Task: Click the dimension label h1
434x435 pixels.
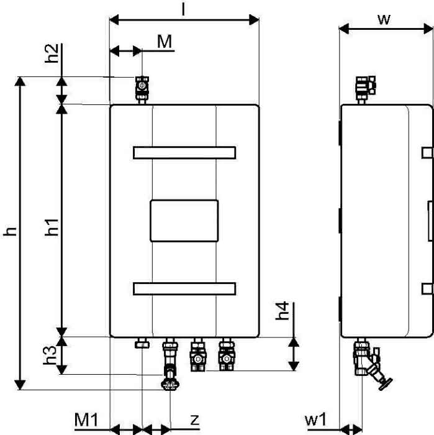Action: tap(52, 227)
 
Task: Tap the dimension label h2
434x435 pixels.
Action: tap(52, 53)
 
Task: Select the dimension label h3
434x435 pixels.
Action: tap(50, 355)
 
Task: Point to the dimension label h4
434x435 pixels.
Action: tap(283, 311)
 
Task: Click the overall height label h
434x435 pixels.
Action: tap(10, 231)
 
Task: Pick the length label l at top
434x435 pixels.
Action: tap(183, 10)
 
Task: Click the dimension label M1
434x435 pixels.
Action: tap(86, 420)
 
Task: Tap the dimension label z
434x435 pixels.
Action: tap(195, 420)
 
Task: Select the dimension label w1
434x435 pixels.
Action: tap(315, 420)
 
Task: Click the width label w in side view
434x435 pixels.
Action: tap(384, 20)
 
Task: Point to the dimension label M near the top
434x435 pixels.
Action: tap(165, 42)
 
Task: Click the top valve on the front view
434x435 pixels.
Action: tap(142, 89)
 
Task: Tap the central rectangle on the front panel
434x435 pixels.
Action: tap(184, 221)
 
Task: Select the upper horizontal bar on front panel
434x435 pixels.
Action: tap(184, 153)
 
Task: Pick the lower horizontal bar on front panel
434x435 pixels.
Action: tap(184, 289)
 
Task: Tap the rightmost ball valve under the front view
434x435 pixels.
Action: tap(227, 354)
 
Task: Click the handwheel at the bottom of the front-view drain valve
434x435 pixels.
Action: tap(170, 385)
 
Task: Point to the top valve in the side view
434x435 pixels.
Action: tap(366, 89)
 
